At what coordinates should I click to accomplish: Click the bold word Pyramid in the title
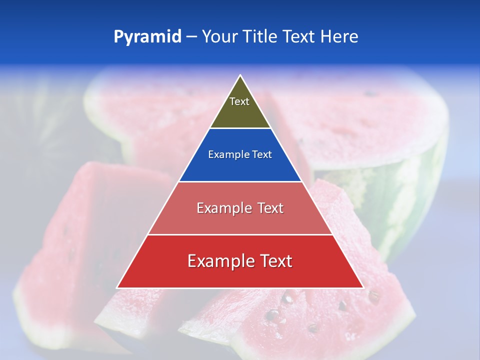147,37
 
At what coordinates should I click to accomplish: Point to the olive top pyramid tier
240,112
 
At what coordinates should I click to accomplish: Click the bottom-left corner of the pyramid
117,287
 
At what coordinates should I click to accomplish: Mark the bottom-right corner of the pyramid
363,287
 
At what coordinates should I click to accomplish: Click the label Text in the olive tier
239,101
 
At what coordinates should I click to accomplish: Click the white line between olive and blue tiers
240,128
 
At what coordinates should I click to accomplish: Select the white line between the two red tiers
240,234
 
